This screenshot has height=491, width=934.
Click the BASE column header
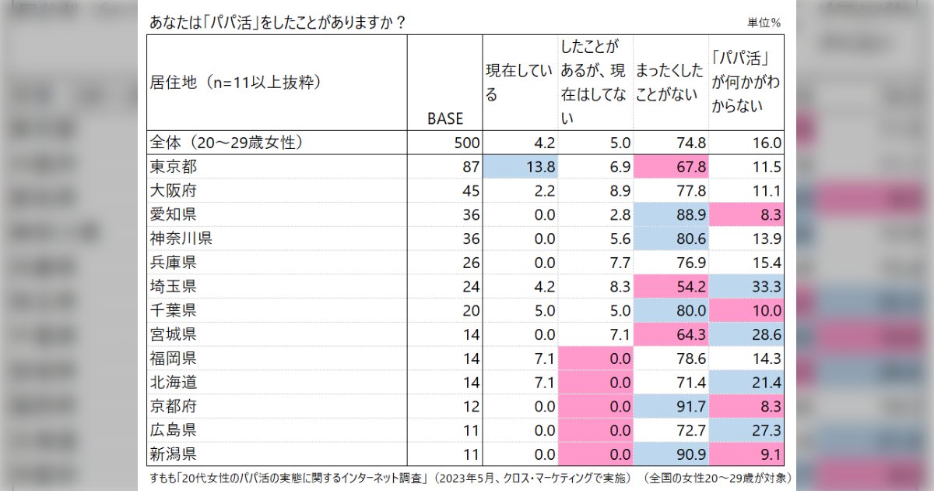(445, 118)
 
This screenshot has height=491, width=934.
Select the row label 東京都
(174, 167)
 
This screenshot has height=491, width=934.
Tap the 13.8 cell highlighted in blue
(521, 167)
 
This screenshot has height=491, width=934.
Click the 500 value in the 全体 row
(467, 143)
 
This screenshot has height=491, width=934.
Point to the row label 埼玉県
(174, 287)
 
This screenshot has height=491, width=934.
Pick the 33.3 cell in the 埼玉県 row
(746, 287)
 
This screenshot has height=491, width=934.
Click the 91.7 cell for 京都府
(671, 406)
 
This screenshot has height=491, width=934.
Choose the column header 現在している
(518, 83)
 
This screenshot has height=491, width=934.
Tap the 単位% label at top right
(764, 23)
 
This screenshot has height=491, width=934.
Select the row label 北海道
(174, 383)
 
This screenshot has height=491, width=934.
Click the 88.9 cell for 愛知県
(671, 214)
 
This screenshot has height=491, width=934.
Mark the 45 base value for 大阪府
(471, 191)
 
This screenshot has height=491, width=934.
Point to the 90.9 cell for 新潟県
(671, 454)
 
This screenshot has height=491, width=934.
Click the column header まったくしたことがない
(669, 83)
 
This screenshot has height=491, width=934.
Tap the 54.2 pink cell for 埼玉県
(671, 287)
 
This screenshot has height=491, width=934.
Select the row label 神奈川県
(181, 238)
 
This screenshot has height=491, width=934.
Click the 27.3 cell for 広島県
(746, 430)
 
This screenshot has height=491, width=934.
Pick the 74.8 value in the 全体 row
(691, 143)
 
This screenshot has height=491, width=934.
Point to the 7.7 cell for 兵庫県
(620, 263)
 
